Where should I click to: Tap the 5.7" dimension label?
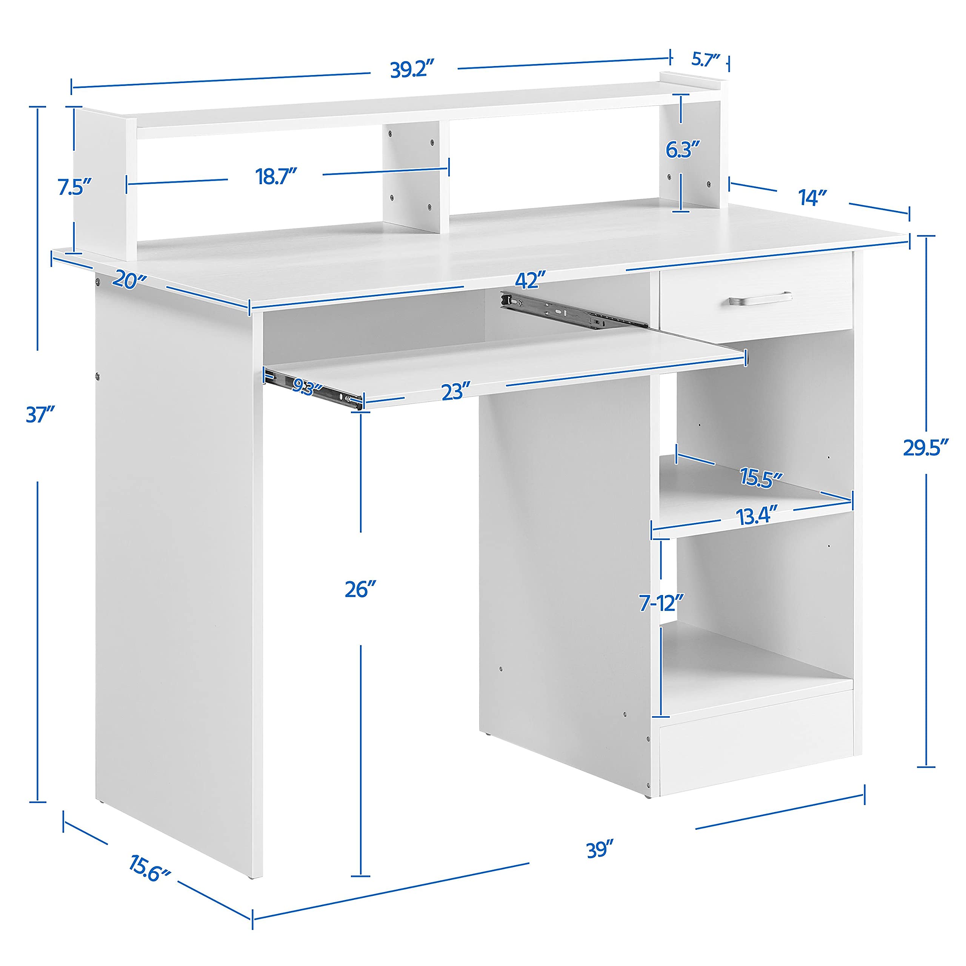tap(706, 60)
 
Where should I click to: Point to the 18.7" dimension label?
tap(277, 177)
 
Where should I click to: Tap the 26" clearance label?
tap(360, 589)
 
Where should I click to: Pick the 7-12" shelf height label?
tap(661, 603)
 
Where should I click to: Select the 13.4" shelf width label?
tap(757, 515)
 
